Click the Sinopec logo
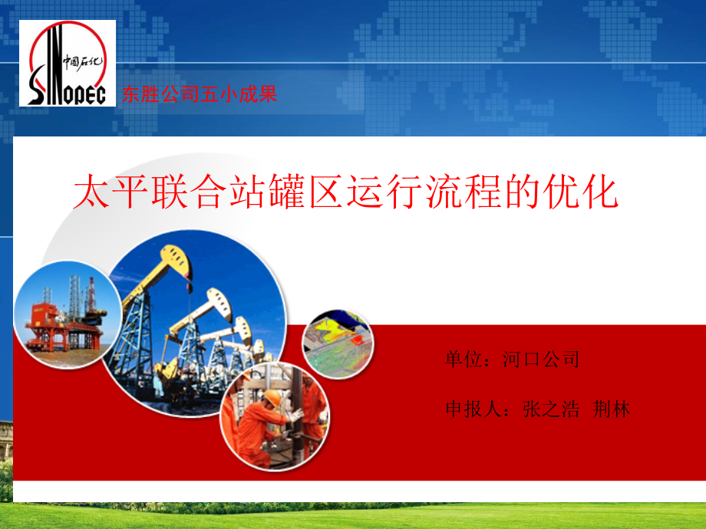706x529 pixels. click(68, 63)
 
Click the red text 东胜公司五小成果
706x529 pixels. click(199, 95)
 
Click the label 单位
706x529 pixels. click(463, 359)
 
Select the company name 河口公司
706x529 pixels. click(541, 359)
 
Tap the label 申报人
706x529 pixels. click(473, 409)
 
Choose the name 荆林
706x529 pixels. click(612, 409)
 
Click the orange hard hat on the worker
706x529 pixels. click(272, 396)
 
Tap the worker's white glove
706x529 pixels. click(296, 415)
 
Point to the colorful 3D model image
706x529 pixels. click(338, 344)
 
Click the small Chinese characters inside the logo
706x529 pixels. click(86, 61)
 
